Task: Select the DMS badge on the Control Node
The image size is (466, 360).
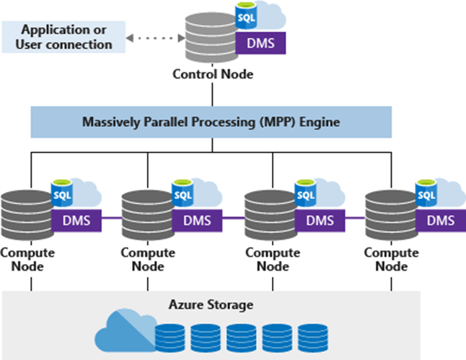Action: click(x=260, y=43)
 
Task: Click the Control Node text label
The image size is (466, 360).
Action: click(x=211, y=74)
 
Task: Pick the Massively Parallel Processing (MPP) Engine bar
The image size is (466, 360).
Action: click(x=211, y=122)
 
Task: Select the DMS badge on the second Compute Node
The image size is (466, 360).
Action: click(x=197, y=219)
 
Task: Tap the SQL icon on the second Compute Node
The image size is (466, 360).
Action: click(x=183, y=193)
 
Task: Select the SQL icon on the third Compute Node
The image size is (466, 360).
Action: click(x=306, y=193)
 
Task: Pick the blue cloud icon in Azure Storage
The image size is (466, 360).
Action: click(x=124, y=331)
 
